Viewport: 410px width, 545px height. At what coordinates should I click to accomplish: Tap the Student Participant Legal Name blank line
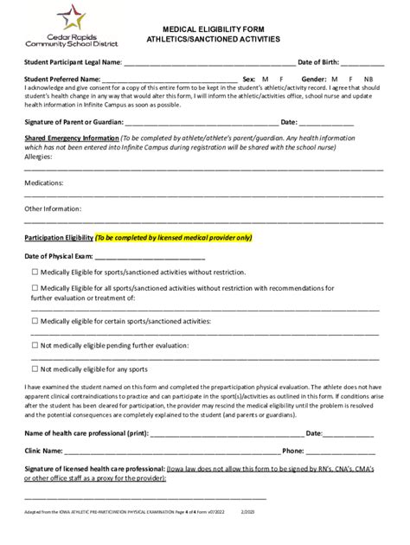[x=208, y=64]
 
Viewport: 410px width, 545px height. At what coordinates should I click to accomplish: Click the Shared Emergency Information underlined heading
[x=72, y=138]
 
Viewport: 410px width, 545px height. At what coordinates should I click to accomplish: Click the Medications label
[x=43, y=183]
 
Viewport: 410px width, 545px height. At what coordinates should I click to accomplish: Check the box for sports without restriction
[x=35, y=272]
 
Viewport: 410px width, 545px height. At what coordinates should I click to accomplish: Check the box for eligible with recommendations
[x=35, y=287]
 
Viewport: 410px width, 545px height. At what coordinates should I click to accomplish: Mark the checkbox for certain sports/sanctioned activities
[x=35, y=321]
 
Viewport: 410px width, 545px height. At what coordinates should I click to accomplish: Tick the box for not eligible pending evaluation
[x=35, y=345]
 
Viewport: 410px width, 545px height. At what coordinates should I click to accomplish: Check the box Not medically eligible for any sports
[x=35, y=369]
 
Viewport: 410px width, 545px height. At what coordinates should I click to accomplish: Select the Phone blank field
[x=341, y=452]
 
